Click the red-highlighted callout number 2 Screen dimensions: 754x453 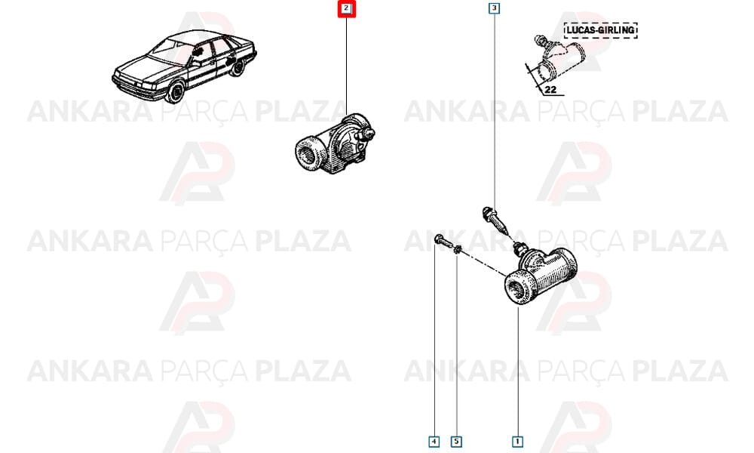(x=346, y=8)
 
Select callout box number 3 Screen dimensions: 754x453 (x=494, y=8)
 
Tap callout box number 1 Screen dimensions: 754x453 (x=517, y=441)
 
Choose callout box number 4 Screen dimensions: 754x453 (x=434, y=441)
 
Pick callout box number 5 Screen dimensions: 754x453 (x=456, y=441)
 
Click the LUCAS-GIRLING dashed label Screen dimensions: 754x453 (x=601, y=30)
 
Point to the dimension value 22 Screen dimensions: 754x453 (x=550, y=89)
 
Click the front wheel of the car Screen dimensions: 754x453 (x=176, y=91)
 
